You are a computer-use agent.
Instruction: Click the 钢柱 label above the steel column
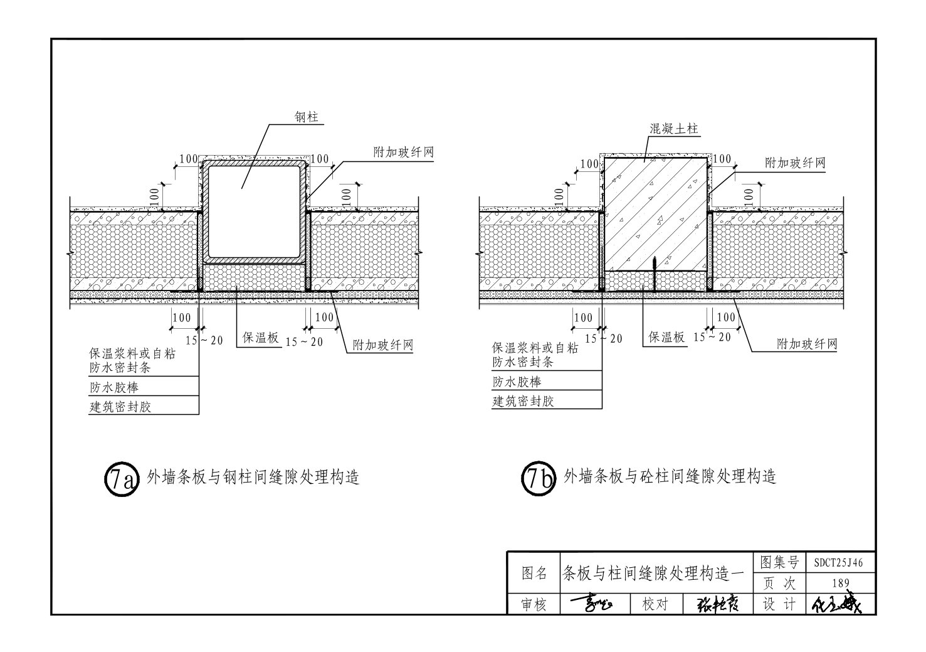click(x=306, y=117)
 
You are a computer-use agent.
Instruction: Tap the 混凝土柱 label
click(x=673, y=129)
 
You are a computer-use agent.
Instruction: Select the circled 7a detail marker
click(x=119, y=479)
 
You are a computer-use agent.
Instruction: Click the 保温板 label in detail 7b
click(x=666, y=337)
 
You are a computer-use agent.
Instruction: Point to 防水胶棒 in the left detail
click(x=113, y=387)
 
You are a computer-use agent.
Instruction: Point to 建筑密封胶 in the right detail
click(x=523, y=401)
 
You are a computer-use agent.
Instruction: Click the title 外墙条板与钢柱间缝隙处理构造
click(x=253, y=478)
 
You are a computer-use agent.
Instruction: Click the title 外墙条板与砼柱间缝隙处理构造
click(x=670, y=477)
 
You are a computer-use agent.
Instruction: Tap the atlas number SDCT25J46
click(x=838, y=563)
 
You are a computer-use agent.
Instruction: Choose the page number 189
click(x=840, y=584)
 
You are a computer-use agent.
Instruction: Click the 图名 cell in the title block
click(x=534, y=573)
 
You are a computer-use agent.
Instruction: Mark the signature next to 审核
click(x=591, y=604)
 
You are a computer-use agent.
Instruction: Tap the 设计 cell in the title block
click(x=779, y=604)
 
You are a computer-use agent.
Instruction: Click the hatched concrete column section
click(x=655, y=213)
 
